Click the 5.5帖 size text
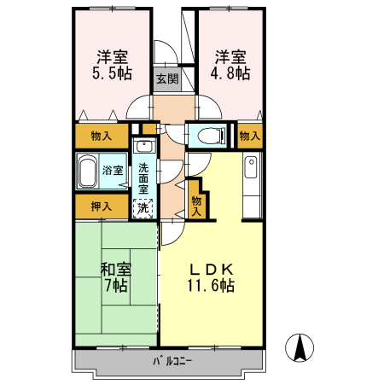point(112,74)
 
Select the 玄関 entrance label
point(167,79)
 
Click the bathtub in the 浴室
point(87,172)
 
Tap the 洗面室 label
point(143,177)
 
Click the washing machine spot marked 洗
point(144,207)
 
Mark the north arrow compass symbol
point(300,348)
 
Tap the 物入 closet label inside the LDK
point(196,205)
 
